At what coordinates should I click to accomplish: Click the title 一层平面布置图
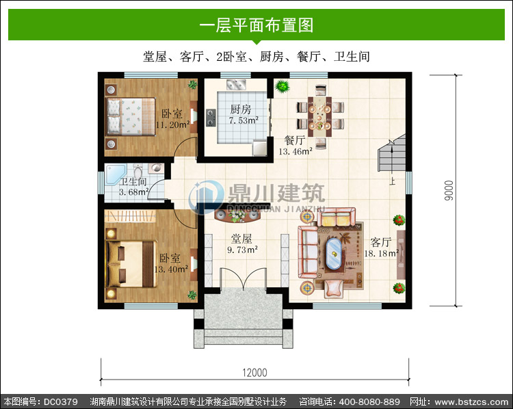[256, 25]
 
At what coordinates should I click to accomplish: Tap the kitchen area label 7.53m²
[244, 120]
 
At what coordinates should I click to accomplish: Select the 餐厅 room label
[295, 140]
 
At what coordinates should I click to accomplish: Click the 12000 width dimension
[254, 373]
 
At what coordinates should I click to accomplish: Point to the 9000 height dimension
[449, 190]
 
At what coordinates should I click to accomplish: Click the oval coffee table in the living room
[333, 253]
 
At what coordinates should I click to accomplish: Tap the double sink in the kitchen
[236, 85]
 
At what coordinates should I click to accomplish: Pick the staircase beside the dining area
[392, 153]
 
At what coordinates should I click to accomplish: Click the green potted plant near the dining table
[282, 86]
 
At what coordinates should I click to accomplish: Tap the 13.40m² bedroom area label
[171, 269]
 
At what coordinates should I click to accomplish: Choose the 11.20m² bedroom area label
[173, 124]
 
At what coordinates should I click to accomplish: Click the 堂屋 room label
[241, 239]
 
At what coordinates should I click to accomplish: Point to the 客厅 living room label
[381, 242]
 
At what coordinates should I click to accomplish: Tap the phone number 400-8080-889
[369, 401]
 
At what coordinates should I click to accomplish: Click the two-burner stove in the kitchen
[211, 118]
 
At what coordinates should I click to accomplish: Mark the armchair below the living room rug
[334, 289]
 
